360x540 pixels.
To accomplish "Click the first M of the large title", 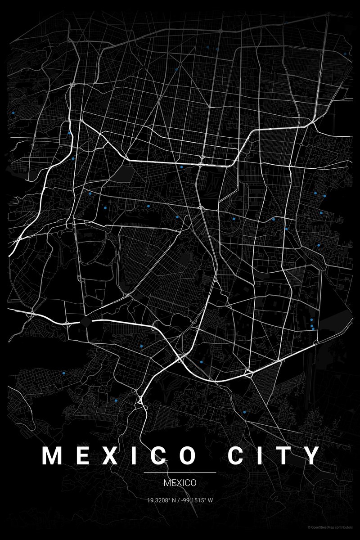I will [52, 455].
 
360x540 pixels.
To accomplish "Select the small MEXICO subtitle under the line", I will [180, 483].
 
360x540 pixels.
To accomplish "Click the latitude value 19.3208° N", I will [162, 500].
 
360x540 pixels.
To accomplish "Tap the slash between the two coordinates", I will [180, 500].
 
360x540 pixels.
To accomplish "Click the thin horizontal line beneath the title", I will [180, 472].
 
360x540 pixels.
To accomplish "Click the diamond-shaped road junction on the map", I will [86, 321].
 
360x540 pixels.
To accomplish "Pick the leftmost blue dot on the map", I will [14, 112].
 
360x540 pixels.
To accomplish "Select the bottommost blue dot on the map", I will [244, 412].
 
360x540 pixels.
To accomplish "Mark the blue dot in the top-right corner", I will [345, 54].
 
